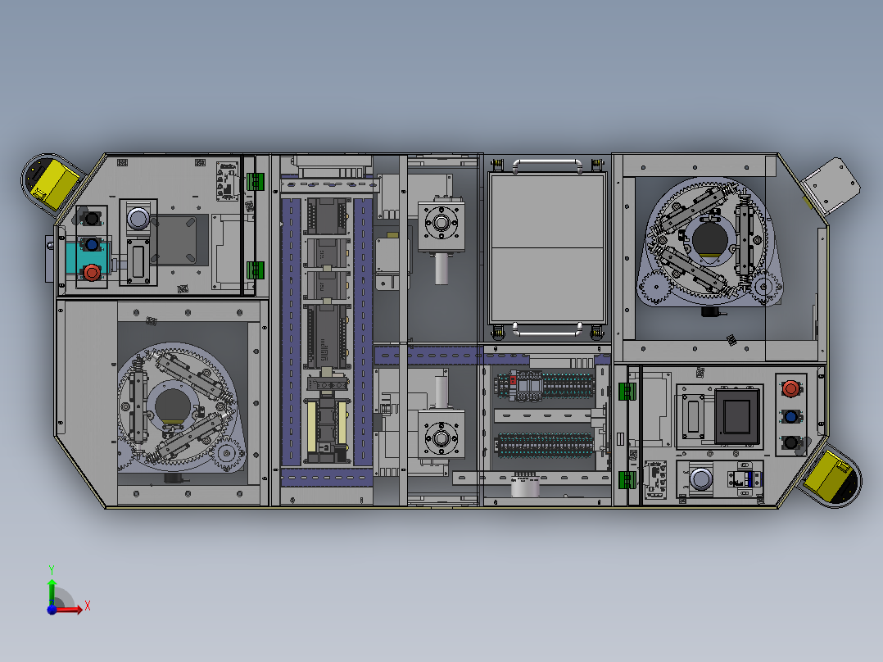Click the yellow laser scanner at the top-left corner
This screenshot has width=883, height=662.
52,182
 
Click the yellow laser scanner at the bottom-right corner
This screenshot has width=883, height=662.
831,479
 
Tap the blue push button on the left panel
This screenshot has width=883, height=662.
92,245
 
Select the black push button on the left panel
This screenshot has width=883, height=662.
91,218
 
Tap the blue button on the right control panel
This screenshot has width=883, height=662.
791,416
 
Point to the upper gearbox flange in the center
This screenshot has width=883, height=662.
441,224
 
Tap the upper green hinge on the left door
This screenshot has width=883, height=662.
256,181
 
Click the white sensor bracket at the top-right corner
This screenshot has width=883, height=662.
831,187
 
